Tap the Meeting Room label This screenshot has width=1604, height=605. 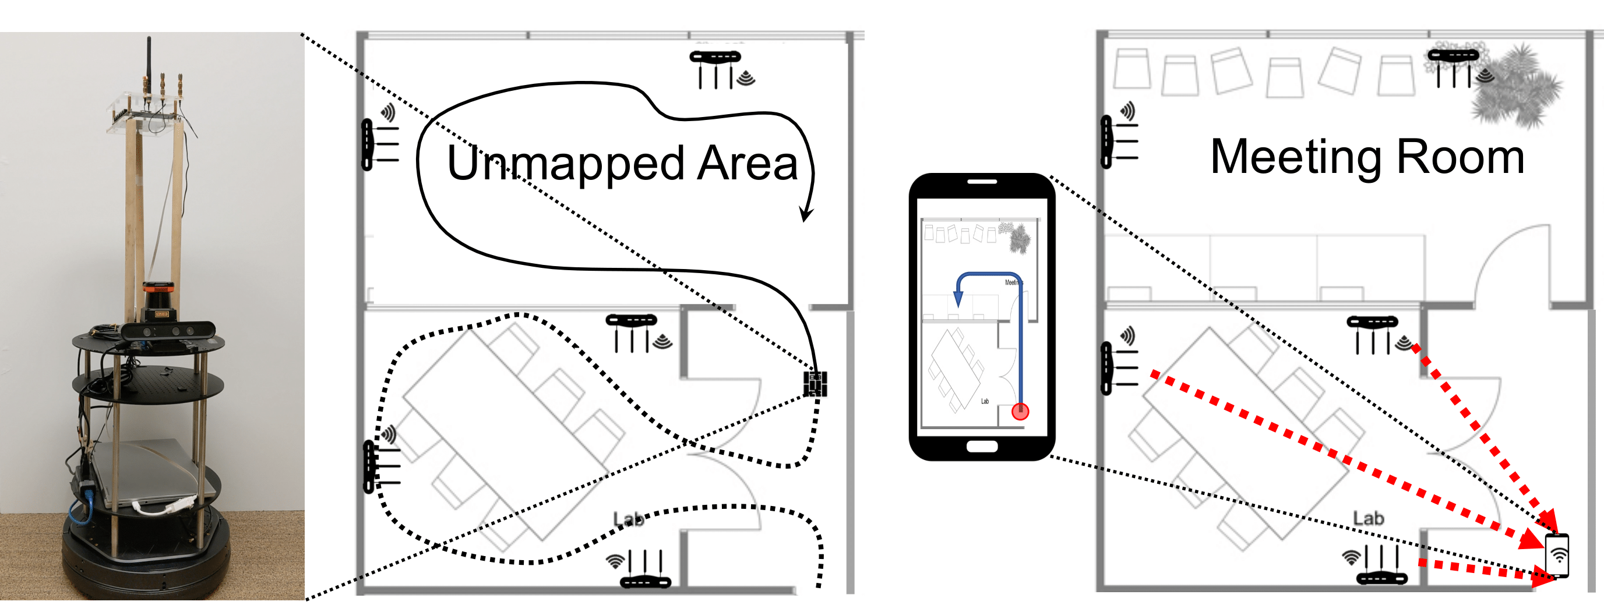(1366, 157)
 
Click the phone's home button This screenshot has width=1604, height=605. (982, 446)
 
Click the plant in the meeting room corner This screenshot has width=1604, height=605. (1516, 87)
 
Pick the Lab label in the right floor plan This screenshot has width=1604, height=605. (1368, 518)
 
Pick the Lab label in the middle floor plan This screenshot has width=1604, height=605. (628, 518)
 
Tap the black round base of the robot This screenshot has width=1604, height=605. (146, 563)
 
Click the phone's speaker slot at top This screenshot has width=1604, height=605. (982, 182)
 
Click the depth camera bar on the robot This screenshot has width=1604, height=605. (168, 330)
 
